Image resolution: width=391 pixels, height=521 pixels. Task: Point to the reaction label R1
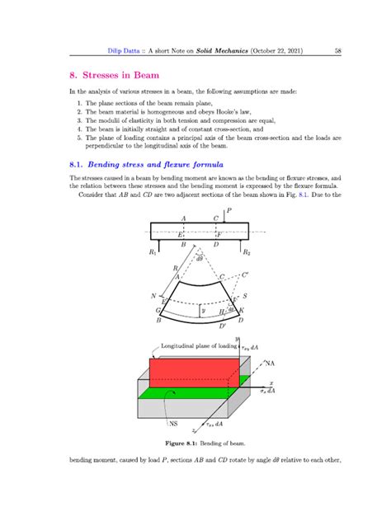click(x=152, y=253)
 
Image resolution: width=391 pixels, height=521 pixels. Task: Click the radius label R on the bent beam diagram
click(x=175, y=269)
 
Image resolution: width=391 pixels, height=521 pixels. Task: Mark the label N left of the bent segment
click(x=153, y=294)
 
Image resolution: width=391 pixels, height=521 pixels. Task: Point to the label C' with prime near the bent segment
click(x=243, y=279)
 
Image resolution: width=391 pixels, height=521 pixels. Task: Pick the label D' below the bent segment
click(x=222, y=326)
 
